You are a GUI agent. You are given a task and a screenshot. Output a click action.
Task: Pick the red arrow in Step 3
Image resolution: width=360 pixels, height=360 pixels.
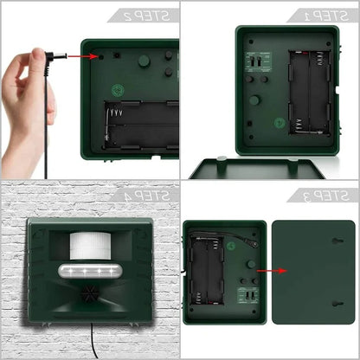259,269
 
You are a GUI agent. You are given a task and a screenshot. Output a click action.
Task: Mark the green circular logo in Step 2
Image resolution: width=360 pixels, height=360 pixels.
118,90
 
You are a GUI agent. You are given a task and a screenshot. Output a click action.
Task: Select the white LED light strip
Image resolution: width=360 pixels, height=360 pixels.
89,274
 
